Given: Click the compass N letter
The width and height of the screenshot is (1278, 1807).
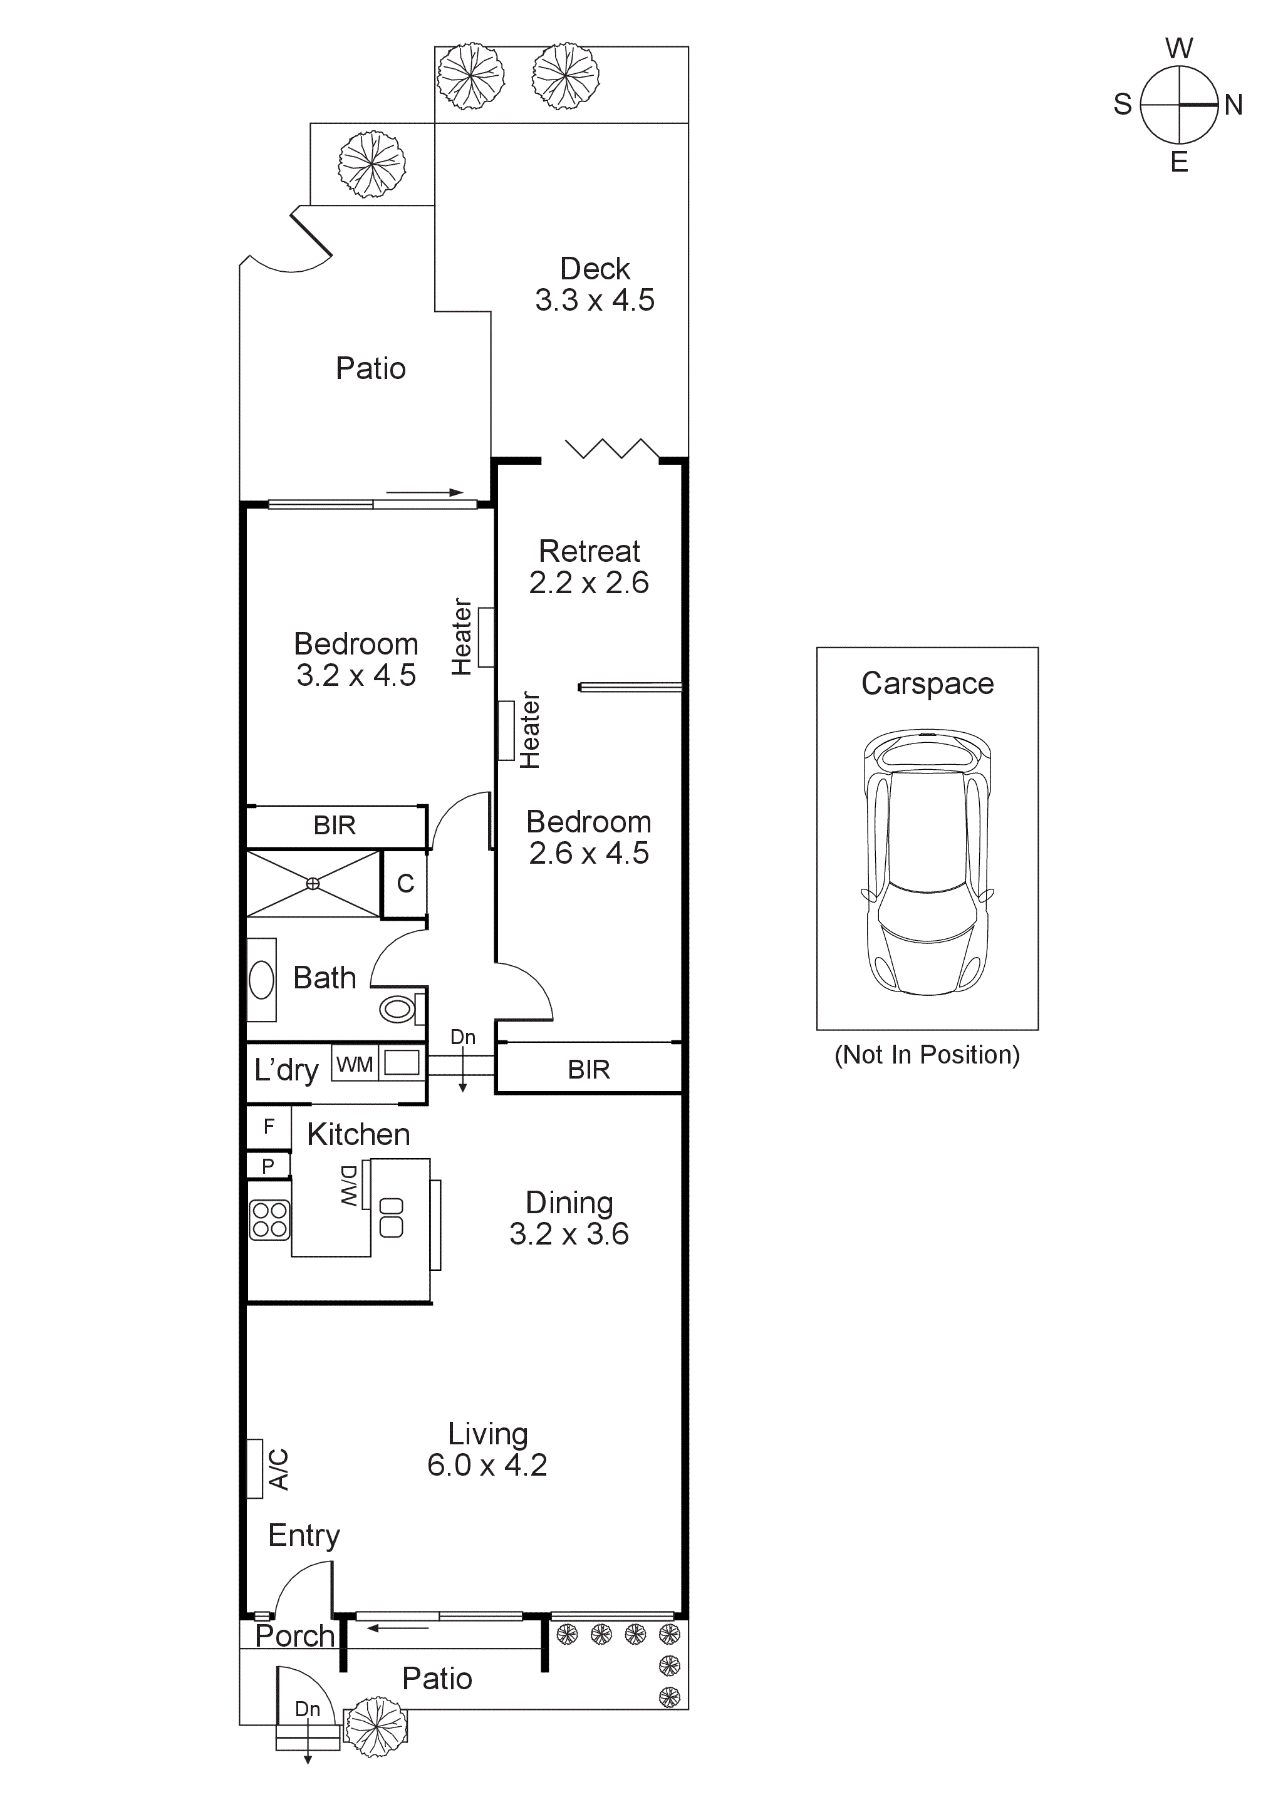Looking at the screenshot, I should coord(1233,105).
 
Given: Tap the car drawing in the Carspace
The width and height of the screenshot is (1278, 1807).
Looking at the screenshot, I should coord(927,862).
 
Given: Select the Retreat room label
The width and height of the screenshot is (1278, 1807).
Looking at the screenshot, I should coord(589,551).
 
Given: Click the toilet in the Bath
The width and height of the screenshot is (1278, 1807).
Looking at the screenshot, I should coord(398,1009).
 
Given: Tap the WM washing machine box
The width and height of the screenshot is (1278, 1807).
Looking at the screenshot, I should coord(354,1064).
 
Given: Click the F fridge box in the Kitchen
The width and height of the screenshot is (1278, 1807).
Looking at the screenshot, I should coord(268,1126).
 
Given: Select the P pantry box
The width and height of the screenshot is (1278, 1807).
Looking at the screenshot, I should coord(268,1166).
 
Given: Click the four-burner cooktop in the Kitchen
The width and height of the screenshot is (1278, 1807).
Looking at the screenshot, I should coord(269,1220).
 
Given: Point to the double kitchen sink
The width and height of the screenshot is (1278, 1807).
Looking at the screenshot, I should coord(391,1218).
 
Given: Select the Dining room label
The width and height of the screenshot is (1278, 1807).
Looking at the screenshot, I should coord(569,1203).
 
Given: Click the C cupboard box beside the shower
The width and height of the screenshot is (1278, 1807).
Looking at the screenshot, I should coord(405,884).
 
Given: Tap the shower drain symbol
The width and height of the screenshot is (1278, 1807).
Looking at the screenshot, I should coord(313,884).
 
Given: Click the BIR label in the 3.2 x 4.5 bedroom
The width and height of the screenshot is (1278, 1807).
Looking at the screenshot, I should coord(335,826).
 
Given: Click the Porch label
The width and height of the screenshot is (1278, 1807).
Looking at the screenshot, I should coord(294,1636).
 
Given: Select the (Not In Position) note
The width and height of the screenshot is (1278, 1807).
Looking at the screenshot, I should coord(927,1055).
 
